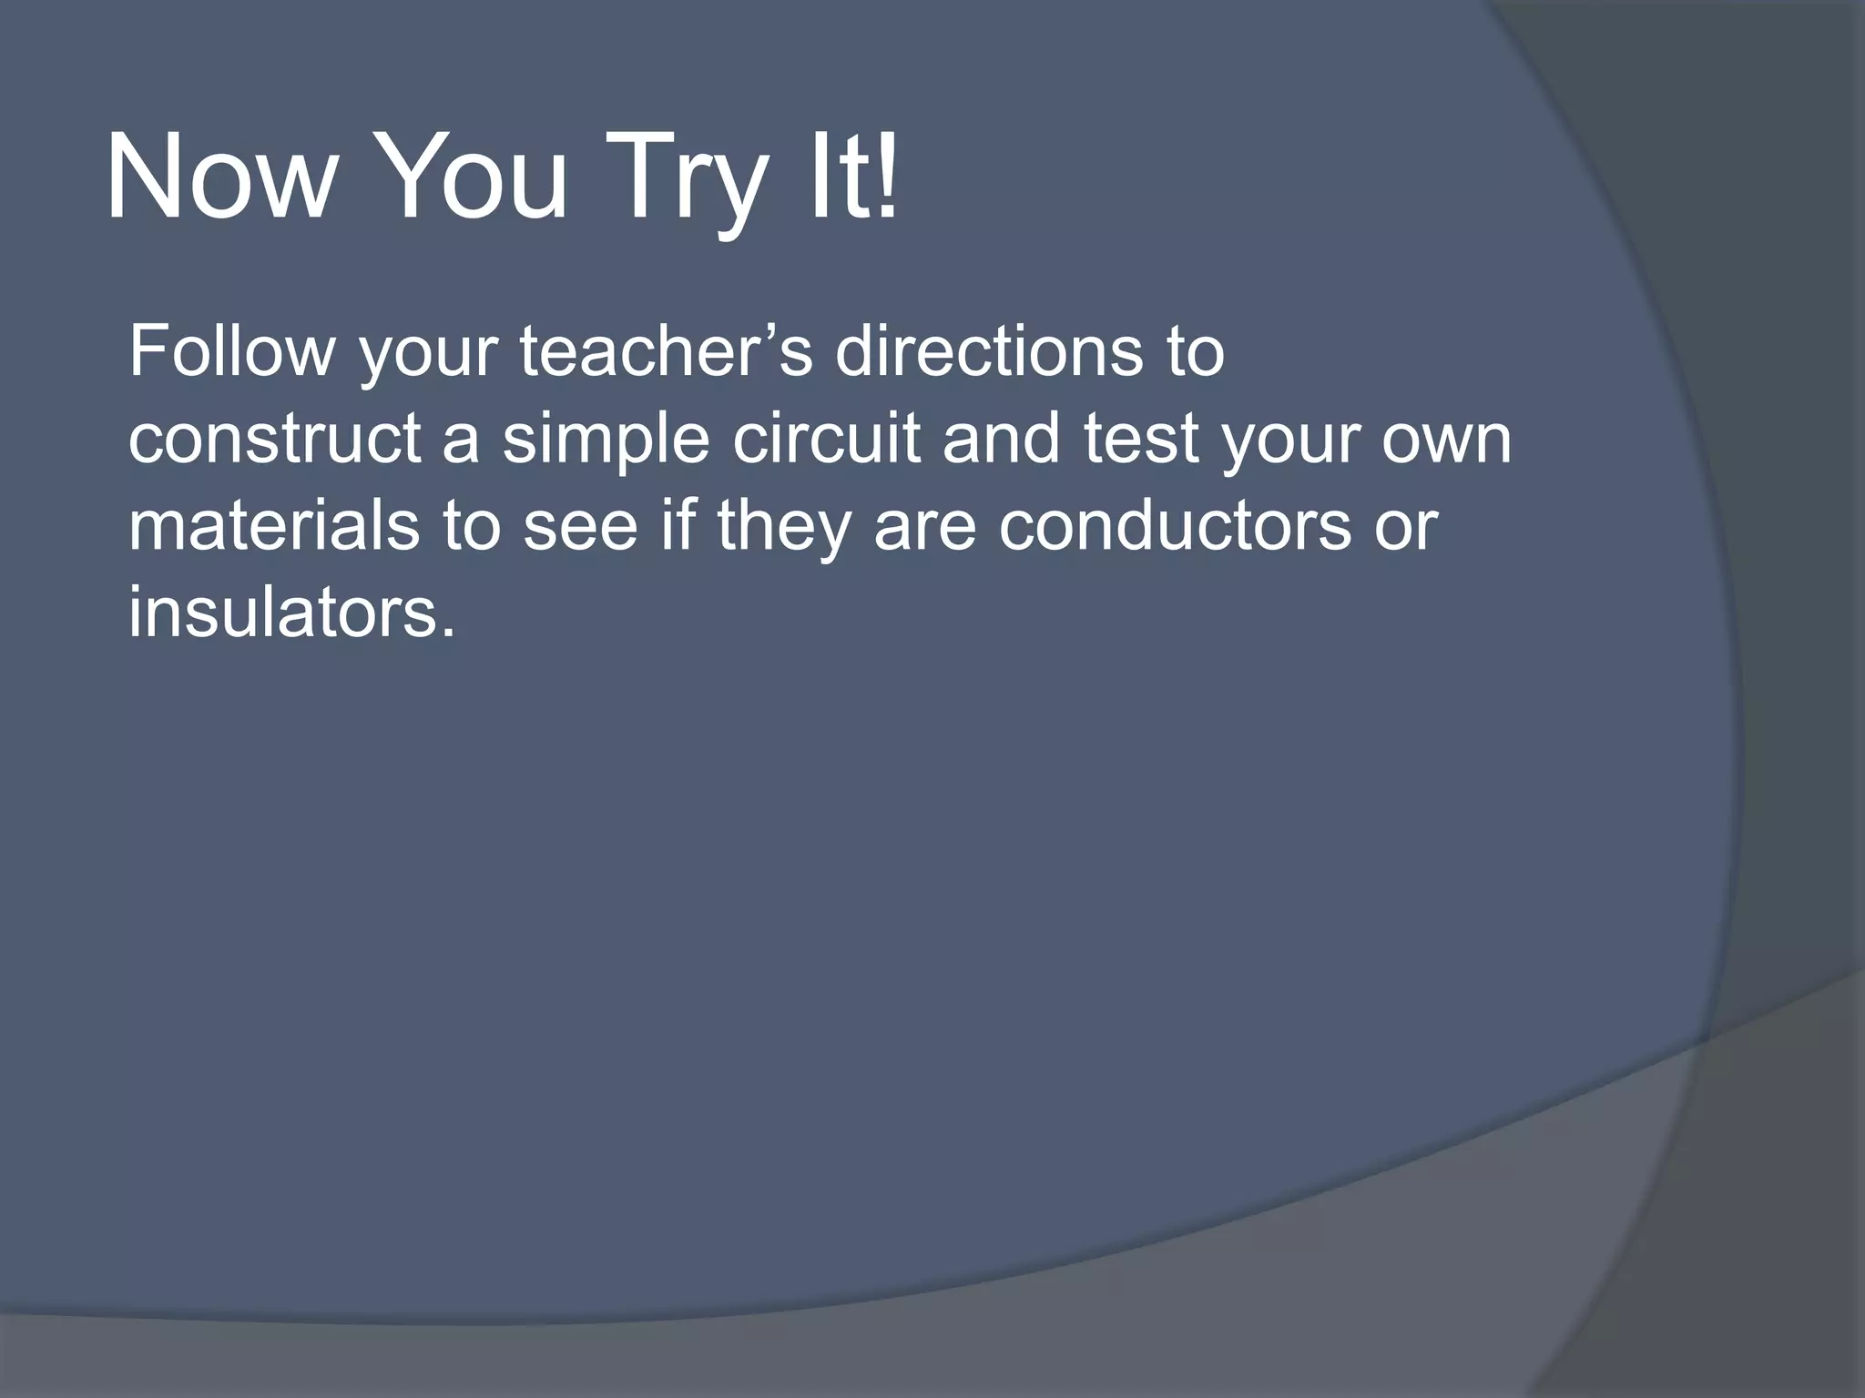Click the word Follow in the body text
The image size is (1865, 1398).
click(x=231, y=352)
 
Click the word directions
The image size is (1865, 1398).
click(x=989, y=352)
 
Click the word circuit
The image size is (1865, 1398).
click(x=826, y=440)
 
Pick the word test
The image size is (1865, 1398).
click(x=1141, y=440)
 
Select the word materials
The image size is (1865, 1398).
click(x=274, y=527)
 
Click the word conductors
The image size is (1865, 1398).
click(x=1175, y=527)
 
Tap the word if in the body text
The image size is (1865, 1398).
click(x=678, y=527)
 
